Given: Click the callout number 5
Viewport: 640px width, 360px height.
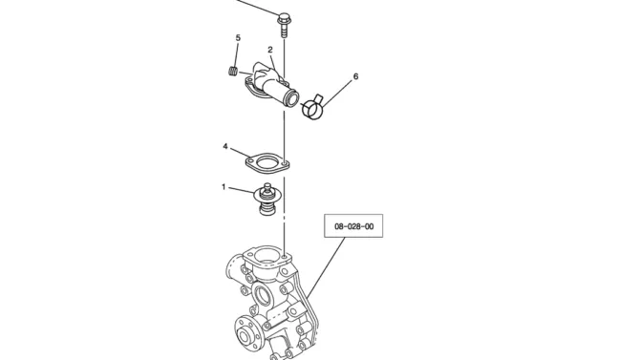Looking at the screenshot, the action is click(238, 38).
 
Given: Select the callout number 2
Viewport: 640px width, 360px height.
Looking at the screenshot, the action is click(270, 50).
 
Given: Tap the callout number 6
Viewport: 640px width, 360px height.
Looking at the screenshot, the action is click(355, 76).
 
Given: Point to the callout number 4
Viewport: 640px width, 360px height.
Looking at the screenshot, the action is click(225, 146).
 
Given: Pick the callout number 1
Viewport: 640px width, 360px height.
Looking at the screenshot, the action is click(224, 187).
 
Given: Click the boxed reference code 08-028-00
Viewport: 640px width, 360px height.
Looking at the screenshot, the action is click(353, 226).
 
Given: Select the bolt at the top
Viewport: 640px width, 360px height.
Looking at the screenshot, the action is click(284, 25).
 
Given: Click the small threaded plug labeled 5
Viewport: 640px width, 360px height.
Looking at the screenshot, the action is click(233, 71).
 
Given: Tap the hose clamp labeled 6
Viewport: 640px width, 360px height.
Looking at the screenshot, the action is click(313, 107).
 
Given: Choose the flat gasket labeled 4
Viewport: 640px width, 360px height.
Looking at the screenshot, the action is click(267, 162).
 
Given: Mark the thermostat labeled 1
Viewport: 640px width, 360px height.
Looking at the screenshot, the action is click(267, 199).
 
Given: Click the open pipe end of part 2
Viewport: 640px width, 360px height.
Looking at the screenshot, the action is click(292, 98).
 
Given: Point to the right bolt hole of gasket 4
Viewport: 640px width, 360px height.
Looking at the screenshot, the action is click(286, 164).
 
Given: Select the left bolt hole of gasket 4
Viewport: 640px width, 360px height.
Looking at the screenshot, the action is click(250, 161).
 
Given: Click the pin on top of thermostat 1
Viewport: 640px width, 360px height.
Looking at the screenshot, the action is click(267, 187).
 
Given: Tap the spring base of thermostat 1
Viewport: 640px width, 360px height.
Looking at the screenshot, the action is click(267, 208).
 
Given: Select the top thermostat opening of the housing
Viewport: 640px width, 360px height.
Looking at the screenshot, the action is click(267, 256).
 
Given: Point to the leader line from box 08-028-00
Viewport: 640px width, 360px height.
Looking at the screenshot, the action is click(326, 267).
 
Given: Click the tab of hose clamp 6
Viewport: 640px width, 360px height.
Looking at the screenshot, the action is click(319, 98).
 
